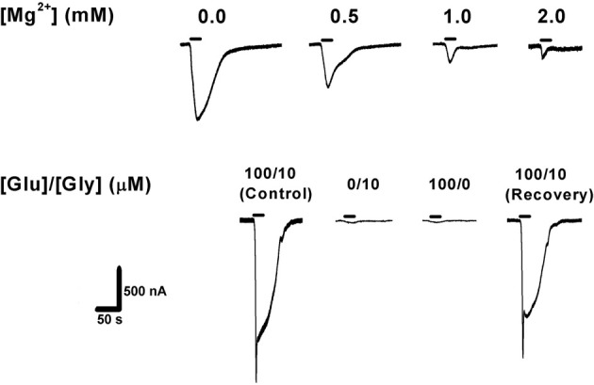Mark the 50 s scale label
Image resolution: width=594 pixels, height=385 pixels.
pos(113,319)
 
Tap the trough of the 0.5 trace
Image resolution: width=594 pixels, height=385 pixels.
pos(327,88)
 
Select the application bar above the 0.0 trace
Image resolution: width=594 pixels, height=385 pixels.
pos(195,39)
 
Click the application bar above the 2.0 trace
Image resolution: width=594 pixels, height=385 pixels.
pos(542,39)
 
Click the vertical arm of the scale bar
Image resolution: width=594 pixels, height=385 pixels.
pos(118,287)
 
